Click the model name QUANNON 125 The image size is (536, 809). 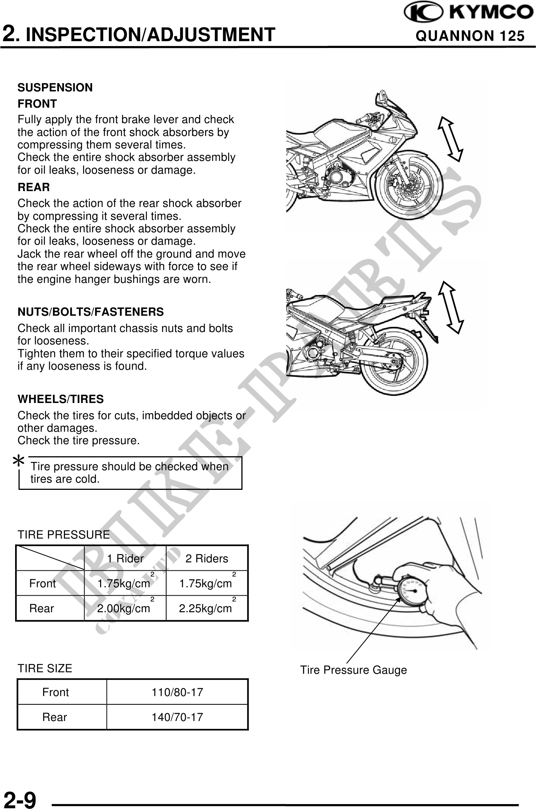[470, 36]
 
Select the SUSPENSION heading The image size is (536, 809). [55, 88]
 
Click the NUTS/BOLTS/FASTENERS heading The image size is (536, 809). [91, 312]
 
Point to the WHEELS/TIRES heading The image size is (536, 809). [60, 399]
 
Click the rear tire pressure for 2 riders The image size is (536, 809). [205, 608]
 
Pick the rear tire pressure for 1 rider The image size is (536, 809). [124, 608]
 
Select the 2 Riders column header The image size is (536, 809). [207, 558]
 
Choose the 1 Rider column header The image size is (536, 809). [125, 558]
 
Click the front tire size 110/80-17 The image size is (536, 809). [177, 692]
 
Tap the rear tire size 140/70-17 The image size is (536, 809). [177, 717]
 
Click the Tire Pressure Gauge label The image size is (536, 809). [354, 670]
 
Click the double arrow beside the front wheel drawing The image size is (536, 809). [450, 139]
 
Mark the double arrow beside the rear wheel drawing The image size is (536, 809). [451, 307]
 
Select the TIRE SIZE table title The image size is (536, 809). [45, 668]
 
